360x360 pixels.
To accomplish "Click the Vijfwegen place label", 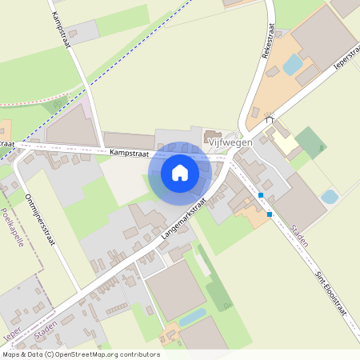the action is tap(230, 142).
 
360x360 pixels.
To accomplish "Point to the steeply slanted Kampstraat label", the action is tap(61, 30).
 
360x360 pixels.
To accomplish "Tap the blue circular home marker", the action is tap(180, 173).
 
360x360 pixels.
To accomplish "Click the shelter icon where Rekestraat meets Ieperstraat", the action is tap(270, 119).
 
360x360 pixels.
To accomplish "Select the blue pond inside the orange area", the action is tap(293, 63).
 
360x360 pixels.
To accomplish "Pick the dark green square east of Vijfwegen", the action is tap(310, 141).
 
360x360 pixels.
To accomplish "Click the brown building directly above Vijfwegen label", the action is tap(214, 134).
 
